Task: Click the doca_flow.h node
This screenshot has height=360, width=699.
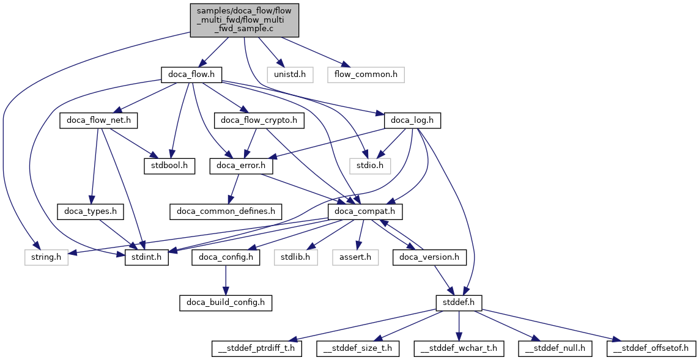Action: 191,75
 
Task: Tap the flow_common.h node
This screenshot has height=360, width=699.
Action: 366,75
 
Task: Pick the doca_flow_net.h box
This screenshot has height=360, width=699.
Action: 98,121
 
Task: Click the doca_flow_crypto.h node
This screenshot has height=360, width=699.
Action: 259,121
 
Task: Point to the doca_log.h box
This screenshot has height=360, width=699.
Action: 413,121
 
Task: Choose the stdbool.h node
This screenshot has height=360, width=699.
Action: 169,166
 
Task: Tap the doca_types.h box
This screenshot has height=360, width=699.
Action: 91,211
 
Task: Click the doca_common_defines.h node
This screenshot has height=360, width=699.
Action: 226,211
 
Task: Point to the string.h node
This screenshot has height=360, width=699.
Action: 46,257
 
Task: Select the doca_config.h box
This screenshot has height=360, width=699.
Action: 226,257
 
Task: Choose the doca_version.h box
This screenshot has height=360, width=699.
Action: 429,257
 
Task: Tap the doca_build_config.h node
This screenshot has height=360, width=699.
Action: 226,303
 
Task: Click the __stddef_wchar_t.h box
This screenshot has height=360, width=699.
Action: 459,348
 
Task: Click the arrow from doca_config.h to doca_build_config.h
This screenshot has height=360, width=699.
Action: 226,280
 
